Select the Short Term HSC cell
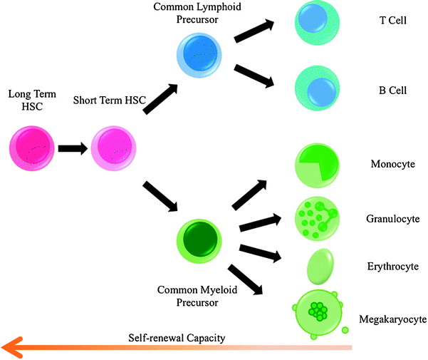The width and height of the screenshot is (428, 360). [x=113, y=149]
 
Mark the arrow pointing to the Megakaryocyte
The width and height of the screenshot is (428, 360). [x=246, y=278]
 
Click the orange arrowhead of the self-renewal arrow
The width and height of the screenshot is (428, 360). [x=13, y=347]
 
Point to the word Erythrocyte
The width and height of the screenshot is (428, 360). [x=392, y=267]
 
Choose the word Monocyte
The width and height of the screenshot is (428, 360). [x=393, y=164]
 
